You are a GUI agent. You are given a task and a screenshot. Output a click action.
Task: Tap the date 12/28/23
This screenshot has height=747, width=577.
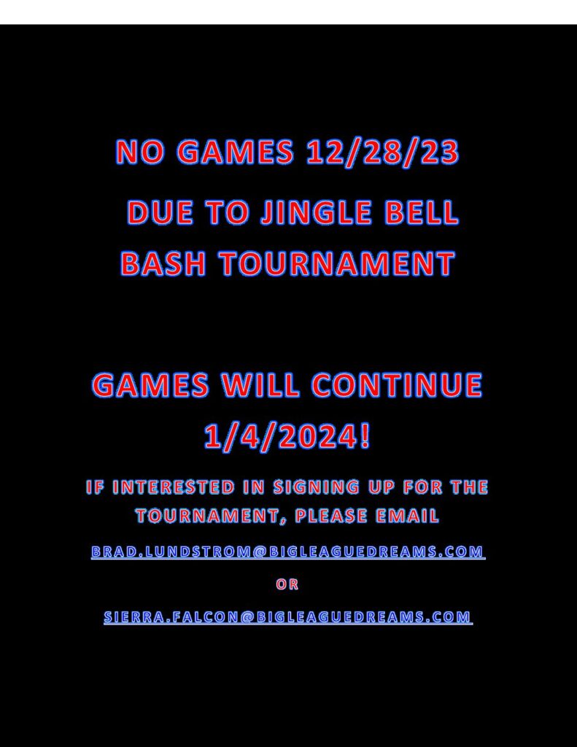coord(383,152)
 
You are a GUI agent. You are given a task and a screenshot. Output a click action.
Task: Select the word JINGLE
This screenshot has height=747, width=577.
coord(317,212)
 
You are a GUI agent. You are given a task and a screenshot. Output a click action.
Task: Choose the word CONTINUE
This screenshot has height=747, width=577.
coord(397,385)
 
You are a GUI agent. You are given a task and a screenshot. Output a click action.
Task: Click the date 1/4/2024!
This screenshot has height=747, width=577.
coord(287,436)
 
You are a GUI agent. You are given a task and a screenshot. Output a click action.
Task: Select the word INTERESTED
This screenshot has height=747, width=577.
coord(174,487)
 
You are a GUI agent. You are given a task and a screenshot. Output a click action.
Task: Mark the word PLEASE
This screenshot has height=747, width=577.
coord(331,516)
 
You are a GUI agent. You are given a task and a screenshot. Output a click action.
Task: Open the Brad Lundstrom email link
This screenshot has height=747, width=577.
coord(288,551)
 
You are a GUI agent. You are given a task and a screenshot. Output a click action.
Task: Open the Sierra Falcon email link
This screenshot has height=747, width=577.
coord(288,617)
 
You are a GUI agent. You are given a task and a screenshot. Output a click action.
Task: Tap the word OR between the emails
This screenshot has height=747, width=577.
coord(287,584)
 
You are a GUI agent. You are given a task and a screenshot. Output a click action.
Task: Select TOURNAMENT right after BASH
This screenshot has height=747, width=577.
coord(337,263)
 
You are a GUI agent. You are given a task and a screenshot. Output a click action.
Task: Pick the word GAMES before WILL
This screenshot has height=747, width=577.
coord(150,385)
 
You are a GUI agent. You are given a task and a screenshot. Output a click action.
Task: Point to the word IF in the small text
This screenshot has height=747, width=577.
coord(95,487)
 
